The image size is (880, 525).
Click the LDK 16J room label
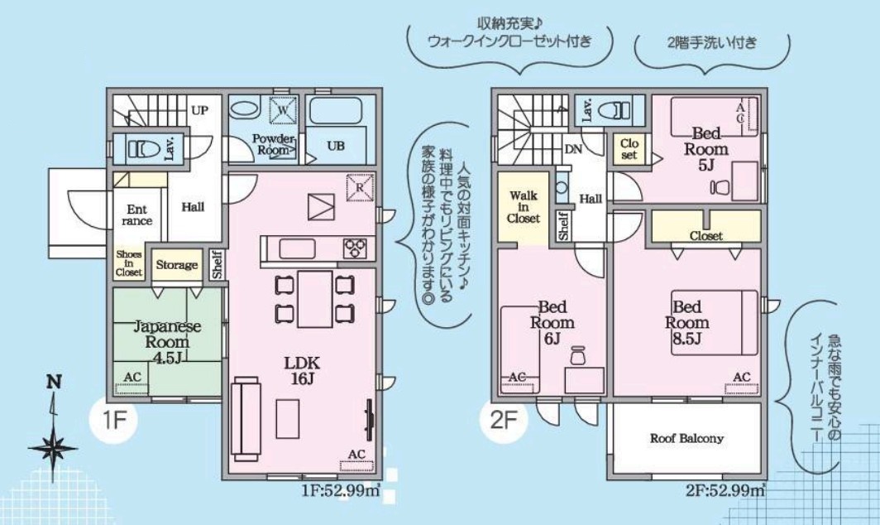click(x=301, y=370)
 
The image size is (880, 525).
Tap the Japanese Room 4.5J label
click(x=167, y=342)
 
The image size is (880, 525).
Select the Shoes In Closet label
click(x=128, y=263)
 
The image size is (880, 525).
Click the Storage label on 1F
click(x=177, y=265)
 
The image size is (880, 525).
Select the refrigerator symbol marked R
click(x=360, y=187)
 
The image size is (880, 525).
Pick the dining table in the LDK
click(x=315, y=299)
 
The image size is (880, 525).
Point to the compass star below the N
click(x=53, y=448)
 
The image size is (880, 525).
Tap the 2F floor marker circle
click(x=503, y=421)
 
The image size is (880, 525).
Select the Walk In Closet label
click(x=523, y=207)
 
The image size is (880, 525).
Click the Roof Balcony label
click(x=687, y=438)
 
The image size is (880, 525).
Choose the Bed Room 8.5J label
click(x=687, y=323)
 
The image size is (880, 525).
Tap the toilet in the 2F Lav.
click(x=615, y=110)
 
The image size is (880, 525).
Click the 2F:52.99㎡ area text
click(x=725, y=491)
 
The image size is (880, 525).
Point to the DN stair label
click(x=573, y=149)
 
